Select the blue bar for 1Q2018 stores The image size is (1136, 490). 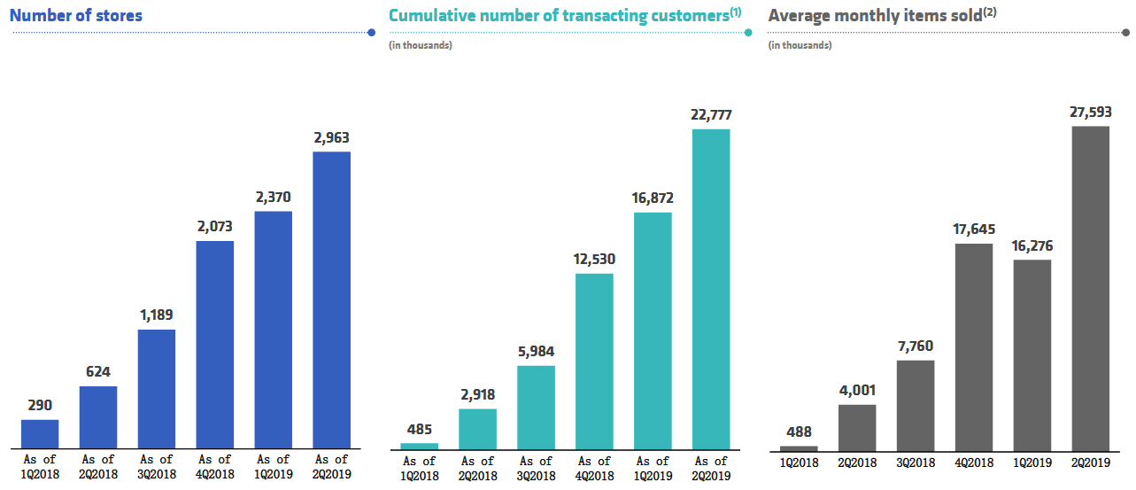40,433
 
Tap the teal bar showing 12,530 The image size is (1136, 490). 594,361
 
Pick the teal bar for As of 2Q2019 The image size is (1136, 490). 711,289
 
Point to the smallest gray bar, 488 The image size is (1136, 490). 799,448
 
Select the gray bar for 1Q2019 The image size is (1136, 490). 1032,355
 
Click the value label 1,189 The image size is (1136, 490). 157,315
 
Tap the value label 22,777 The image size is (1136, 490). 711,114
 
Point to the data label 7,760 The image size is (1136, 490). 916,346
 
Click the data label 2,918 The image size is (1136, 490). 477,393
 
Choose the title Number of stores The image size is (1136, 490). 76,15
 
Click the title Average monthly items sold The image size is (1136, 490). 874,16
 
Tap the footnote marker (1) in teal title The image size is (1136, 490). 735,12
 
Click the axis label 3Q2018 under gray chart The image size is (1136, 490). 916,463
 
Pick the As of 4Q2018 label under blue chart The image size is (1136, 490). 215,466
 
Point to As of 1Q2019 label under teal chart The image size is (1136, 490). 653,468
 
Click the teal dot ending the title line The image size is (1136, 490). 748,33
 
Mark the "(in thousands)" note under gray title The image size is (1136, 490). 800,45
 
